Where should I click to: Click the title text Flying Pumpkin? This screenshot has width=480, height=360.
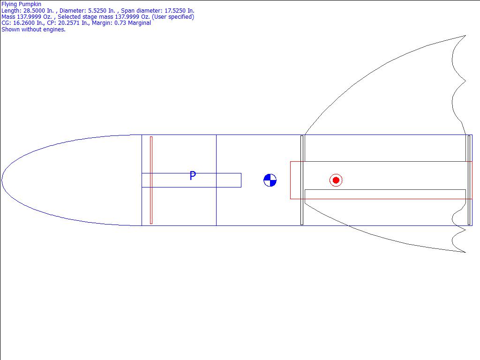coord(21,4)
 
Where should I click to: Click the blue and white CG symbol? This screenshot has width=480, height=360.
coord(270,180)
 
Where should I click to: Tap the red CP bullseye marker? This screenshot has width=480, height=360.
coord(336,180)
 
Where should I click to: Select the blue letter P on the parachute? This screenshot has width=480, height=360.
coord(193,176)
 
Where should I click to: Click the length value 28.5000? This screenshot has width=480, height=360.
coord(34,11)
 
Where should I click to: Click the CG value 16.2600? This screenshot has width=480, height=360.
coord(24,23)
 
